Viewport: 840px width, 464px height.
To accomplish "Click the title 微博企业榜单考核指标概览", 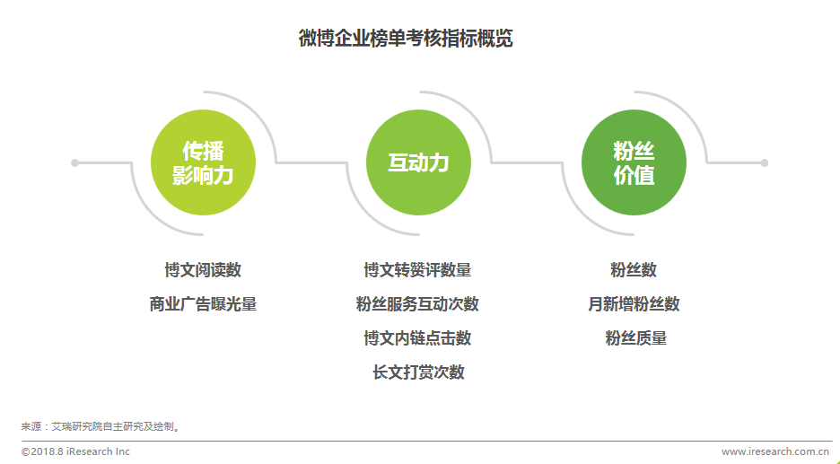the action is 406,39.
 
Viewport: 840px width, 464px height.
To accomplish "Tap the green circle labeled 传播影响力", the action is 203,162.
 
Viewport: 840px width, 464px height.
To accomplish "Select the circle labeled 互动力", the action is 418,162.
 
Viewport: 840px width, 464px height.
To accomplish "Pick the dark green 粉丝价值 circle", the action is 634,162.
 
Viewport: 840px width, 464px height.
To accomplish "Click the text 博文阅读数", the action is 203,270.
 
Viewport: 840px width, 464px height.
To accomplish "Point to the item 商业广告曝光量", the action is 203,304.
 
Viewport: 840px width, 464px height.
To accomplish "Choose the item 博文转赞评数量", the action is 418,270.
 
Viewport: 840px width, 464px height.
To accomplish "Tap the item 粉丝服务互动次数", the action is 418,304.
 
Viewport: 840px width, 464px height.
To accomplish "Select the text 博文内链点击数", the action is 418,338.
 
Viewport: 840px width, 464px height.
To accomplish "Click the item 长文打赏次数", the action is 418,372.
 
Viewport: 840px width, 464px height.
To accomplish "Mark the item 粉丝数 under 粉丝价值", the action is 634,270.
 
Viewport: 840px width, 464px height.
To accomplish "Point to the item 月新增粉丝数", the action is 634,304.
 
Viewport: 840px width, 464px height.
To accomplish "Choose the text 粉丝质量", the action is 636,338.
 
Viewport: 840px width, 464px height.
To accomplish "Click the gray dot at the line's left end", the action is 75,162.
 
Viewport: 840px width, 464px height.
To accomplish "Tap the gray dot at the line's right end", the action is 765,162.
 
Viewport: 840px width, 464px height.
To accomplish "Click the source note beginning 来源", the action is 101,426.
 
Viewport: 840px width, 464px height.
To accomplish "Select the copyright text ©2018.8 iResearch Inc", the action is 75,451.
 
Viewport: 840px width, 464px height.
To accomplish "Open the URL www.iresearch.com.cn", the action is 775,451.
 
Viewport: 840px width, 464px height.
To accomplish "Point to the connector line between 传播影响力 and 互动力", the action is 311,162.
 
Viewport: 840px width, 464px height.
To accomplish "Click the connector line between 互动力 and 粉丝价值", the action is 527,162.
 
